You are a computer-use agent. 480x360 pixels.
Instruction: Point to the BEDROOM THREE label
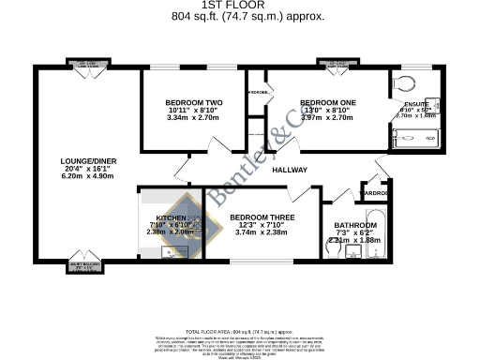(262, 217)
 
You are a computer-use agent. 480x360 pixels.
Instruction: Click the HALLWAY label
(291, 171)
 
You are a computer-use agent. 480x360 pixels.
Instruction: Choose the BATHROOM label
(355, 225)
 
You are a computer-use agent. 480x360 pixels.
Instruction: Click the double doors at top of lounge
(86, 71)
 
